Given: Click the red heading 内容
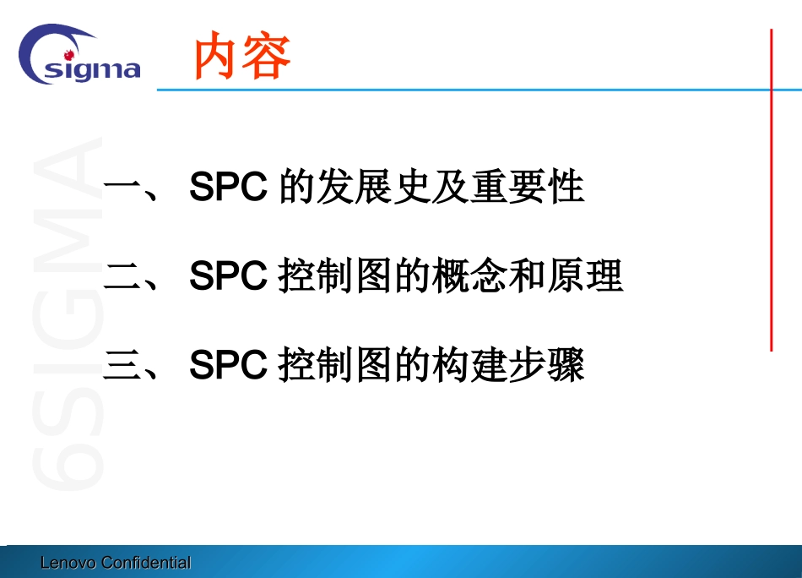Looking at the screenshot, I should point(242,57).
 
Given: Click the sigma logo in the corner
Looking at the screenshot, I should point(79,56).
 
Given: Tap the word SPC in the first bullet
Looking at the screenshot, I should point(229,188).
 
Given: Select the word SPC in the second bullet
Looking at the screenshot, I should point(229,277).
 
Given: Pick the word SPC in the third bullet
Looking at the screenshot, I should point(229,366).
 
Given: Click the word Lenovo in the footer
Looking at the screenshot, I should point(68,563).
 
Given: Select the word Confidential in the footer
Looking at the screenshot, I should point(145,563).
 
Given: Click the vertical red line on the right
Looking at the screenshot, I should point(771,189).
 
